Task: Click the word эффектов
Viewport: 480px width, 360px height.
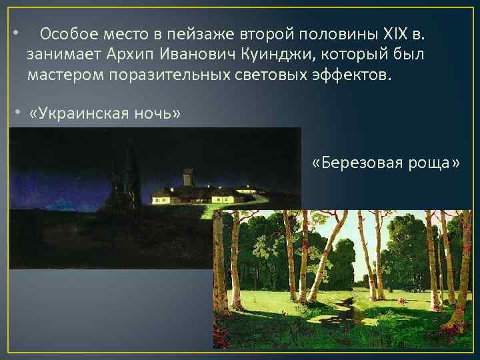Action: [351, 74]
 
